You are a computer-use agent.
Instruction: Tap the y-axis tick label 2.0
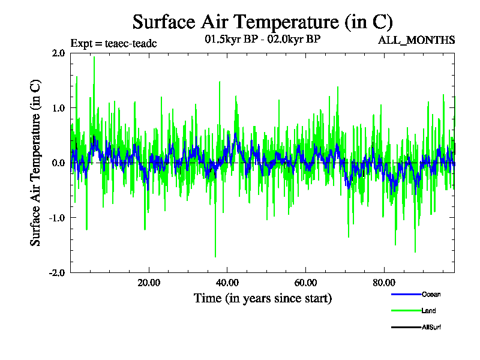(58, 53)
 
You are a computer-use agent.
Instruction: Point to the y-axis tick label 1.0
(58, 108)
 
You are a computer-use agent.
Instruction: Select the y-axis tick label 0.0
(58, 163)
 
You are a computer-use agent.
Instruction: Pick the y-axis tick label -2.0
(57, 272)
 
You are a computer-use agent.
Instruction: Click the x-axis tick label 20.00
(149, 283)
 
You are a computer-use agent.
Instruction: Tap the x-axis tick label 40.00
(227, 283)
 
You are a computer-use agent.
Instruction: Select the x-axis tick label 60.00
(306, 283)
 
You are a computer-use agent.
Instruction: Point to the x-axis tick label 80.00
(385, 283)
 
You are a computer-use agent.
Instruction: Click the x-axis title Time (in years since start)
(262, 298)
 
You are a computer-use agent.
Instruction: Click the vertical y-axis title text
(36, 163)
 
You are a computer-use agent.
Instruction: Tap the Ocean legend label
(431, 294)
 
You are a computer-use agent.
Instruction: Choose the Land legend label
(428, 311)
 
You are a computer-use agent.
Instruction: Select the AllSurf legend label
(432, 328)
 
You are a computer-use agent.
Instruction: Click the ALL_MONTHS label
(416, 40)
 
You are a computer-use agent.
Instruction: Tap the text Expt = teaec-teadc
(113, 43)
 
